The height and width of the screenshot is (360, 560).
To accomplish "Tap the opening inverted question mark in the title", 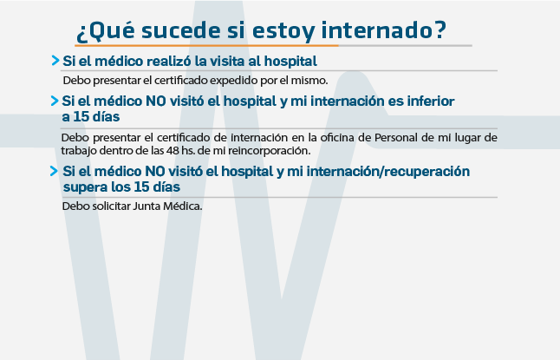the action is (81, 33).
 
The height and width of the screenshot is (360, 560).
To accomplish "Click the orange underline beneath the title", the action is (207, 46).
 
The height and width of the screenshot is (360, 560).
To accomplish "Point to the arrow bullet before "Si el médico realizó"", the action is (55, 61).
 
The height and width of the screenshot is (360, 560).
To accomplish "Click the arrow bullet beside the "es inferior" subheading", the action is (55, 101).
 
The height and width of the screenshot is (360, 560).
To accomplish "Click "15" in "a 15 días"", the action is (81, 117).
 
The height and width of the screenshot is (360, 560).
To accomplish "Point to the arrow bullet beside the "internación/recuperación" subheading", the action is (55, 171).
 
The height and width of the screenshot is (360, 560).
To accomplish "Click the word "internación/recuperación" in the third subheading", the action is (388, 172).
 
